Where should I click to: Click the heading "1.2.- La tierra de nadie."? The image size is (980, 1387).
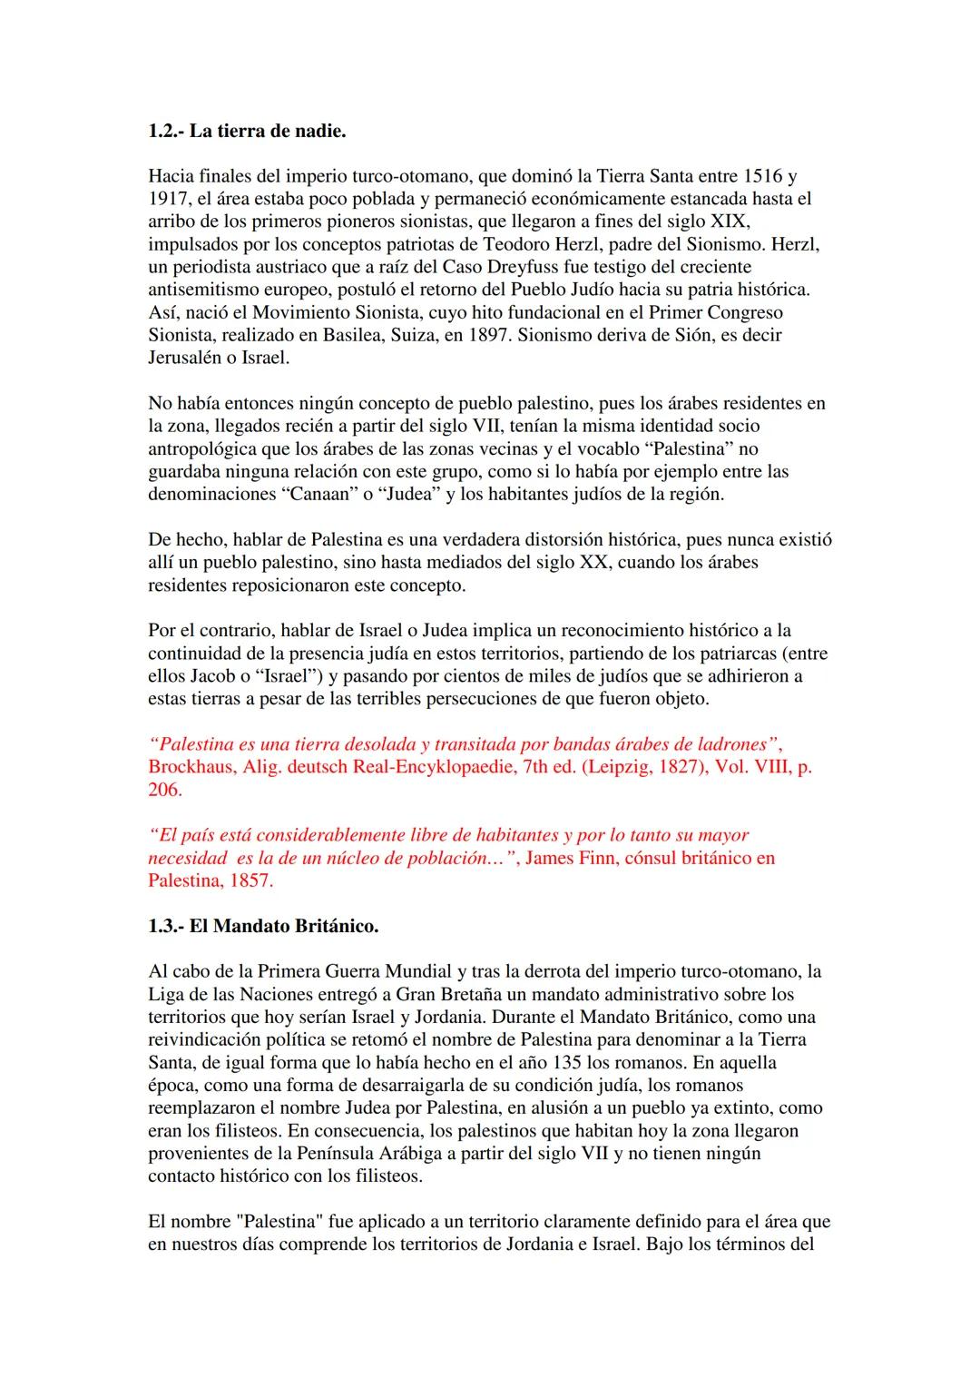click(247, 131)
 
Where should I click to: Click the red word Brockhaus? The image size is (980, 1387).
click(188, 766)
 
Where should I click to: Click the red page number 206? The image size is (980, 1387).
click(164, 789)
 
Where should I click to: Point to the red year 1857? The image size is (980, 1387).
click(247, 880)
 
